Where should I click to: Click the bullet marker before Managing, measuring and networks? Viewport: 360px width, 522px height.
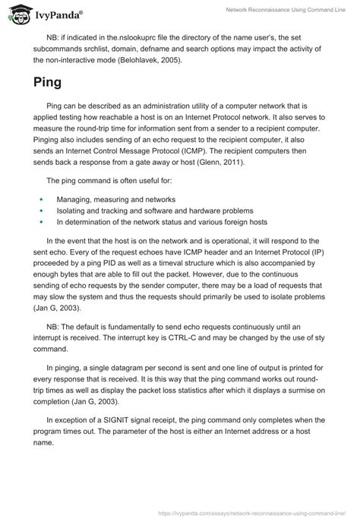(x=41, y=199)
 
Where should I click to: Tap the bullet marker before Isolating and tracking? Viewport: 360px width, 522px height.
(x=41, y=210)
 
